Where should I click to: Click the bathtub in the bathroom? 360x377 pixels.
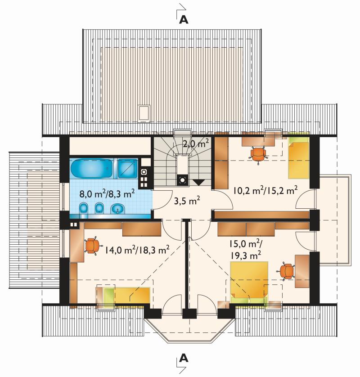[91, 168]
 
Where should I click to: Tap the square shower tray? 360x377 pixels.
[128, 168]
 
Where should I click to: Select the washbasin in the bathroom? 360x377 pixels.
[117, 208]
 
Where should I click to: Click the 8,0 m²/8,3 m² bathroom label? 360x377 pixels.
[107, 193]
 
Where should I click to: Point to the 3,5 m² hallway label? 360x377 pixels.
[187, 201]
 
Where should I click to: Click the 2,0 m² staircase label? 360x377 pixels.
[195, 144]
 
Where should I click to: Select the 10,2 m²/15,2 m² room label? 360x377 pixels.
[265, 190]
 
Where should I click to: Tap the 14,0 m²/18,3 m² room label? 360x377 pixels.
[137, 250]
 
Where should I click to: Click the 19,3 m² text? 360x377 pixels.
[246, 256]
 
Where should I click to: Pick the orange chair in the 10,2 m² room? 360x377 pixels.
[257, 154]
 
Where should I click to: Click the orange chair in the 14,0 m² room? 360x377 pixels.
[92, 246]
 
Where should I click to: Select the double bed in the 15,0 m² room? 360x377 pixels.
[249, 283]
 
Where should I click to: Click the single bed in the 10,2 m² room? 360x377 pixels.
[298, 158]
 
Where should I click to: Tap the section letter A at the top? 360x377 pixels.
[184, 20]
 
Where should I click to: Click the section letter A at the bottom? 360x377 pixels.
[184, 358]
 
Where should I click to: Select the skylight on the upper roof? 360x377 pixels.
[144, 112]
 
